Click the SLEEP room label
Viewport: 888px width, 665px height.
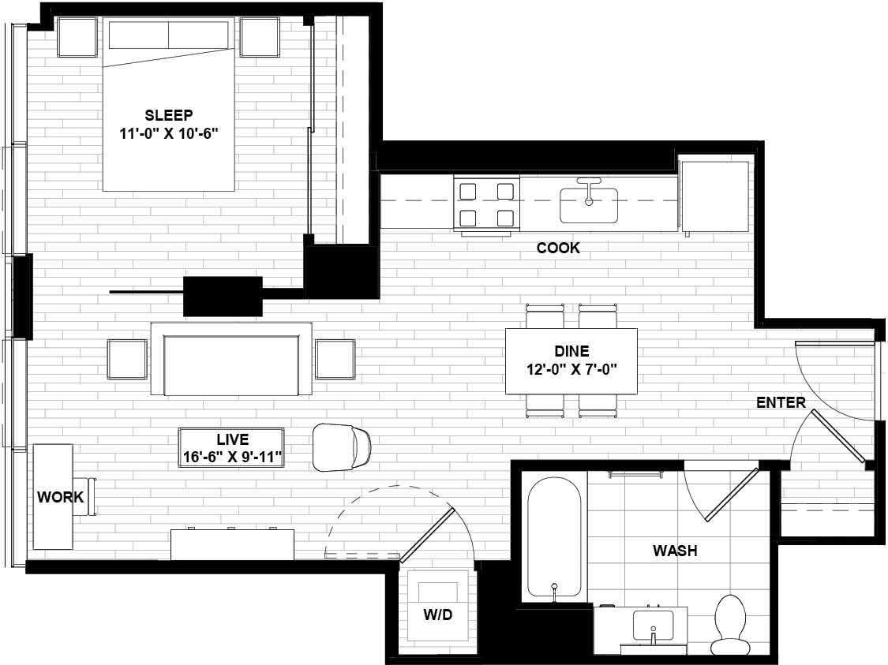click(x=169, y=114)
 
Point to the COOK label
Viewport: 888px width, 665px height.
click(x=558, y=248)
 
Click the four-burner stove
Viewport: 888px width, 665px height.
click(x=486, y=204)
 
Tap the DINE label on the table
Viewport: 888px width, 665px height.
click(x=572, y=352)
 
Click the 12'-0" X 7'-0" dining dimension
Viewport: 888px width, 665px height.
click(x=572, y=369)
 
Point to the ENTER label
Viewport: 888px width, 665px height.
click(x=781, y=403)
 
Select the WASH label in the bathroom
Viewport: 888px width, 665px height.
click(x=675, y=551)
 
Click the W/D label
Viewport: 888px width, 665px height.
click(x=437, y=615)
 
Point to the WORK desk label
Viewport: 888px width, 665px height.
click(x=61, y=498)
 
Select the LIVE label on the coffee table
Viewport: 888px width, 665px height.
click(x=233, y=439)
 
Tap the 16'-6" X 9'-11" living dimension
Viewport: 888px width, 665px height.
click(x=233, y=457)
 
